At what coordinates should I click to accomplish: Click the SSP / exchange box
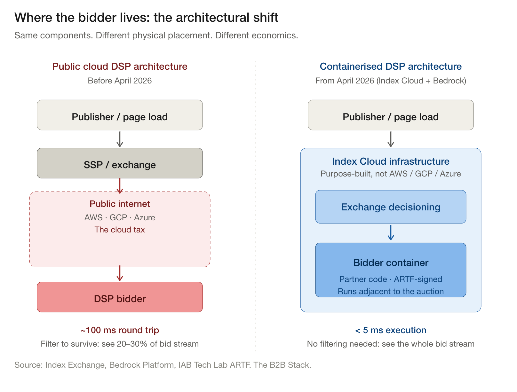120,163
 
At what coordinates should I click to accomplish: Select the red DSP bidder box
120,297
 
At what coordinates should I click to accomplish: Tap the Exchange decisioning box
391,207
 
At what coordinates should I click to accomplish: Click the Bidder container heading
391,263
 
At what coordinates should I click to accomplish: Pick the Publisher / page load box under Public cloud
120,115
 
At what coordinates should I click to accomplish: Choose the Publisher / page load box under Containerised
391,115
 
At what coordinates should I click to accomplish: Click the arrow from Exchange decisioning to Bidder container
391,232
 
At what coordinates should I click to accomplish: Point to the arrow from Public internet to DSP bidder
120,273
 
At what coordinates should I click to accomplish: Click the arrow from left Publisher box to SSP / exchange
120,139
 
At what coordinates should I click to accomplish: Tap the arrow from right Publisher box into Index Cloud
391,139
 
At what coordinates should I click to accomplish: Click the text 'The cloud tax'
120,230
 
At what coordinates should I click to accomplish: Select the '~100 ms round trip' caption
120,330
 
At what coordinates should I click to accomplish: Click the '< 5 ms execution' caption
391,330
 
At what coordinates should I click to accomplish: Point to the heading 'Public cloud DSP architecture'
120,67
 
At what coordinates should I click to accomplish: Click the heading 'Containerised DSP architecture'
391,67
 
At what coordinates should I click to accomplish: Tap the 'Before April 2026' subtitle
120,81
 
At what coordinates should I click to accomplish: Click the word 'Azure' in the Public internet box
144,217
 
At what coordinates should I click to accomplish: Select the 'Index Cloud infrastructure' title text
391,161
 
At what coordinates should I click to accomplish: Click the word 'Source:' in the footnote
28,365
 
